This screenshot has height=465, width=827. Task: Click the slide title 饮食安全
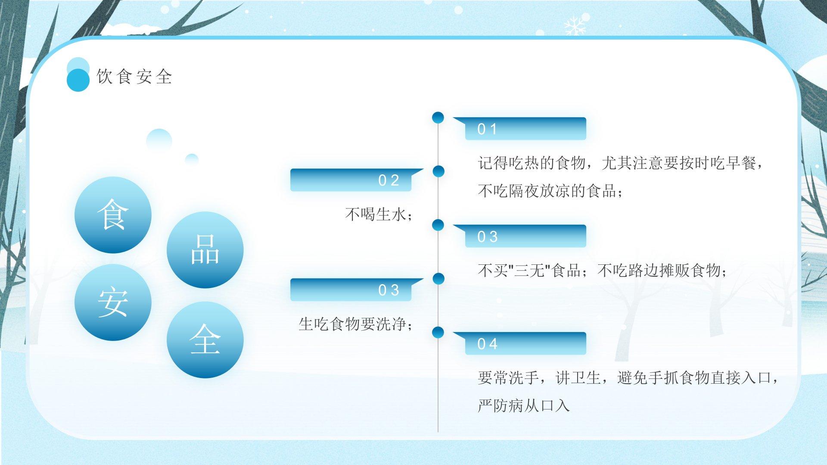(134, 77)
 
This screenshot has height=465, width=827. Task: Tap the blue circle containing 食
(113, 215)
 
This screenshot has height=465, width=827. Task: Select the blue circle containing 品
(205, 250)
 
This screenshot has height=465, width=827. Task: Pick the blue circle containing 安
(113, 302)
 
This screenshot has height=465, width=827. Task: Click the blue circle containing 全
(205, 340)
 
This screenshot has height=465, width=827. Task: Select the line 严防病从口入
(524, 406)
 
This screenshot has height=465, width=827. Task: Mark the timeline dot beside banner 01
(438, 117)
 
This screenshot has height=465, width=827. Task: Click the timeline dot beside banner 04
(438, 332)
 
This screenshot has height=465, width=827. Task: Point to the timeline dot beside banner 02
(438, 171)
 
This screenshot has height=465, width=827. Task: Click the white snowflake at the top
(575, 25)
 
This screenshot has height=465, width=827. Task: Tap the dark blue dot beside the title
(78, 81)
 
